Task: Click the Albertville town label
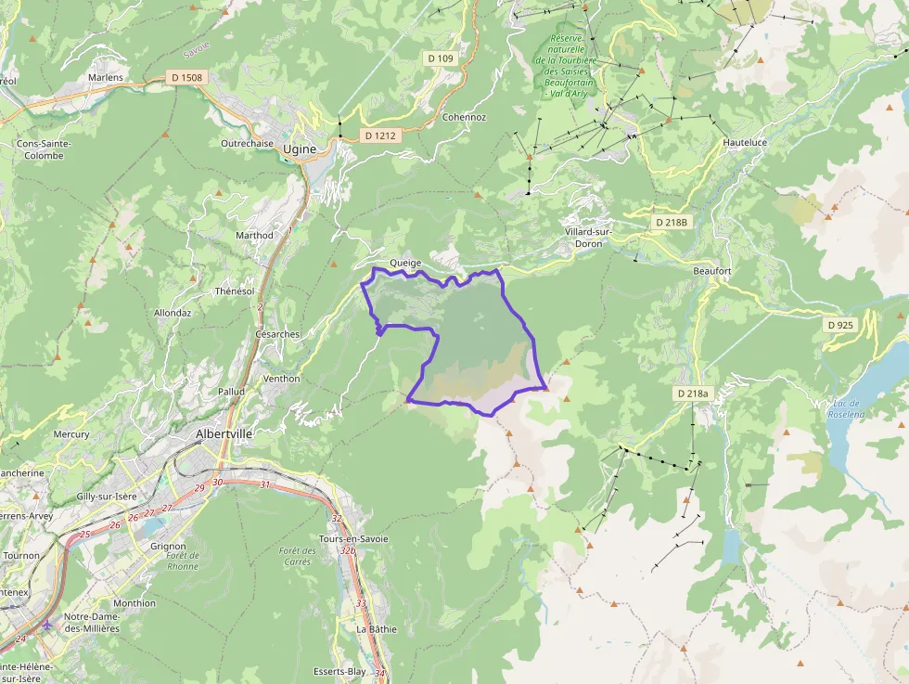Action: (224, 433)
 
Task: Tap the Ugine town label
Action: (300, 148)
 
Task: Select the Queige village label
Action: (405, 263)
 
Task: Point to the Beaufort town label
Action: (712, 270)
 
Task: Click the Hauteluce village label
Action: (746, 143)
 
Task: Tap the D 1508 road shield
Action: (186, 77)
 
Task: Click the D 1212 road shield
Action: (380, 136)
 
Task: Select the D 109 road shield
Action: (441, 58)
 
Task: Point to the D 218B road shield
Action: (671, 223)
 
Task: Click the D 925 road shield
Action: (839, 325)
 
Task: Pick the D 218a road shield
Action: (692, 394)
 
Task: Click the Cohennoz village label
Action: (464, 117)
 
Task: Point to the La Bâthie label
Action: (377, 628)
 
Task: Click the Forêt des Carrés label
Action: (297, 557)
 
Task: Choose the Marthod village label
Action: (254, 236)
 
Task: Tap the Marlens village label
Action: (105, 78)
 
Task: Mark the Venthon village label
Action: (282, 379)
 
